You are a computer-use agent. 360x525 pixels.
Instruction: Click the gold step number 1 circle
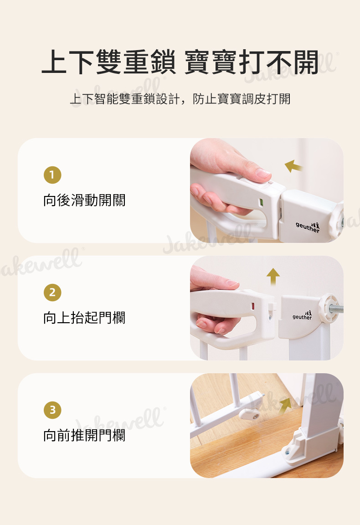click(x=52, y=175)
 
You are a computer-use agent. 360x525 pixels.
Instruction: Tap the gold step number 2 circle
click(x=52, y=292)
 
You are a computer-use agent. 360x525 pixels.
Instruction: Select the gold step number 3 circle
click(x=52, y=410)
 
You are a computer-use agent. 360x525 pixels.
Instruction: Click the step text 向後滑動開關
click(x=84, y=200)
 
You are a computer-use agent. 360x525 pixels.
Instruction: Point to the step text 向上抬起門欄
click(x=84, y=318)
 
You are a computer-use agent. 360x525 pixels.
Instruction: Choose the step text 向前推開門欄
click(x=84, y=435)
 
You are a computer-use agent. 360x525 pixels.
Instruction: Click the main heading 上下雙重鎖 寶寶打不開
click(x=180, y=62)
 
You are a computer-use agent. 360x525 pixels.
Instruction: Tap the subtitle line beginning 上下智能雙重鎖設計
click(x=180, y=99)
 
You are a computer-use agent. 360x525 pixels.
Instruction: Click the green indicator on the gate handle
click(x=261, y=202)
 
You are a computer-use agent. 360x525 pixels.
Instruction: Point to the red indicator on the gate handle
click(x=253, y=306)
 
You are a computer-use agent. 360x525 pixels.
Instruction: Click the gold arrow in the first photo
click(x=293, y=166)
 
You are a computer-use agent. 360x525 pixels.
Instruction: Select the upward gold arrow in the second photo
click(x=273, y=276)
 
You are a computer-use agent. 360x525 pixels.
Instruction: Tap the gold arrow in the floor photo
click(x=285, y=405)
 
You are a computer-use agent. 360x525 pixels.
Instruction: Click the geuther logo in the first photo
click(x=308, y=227)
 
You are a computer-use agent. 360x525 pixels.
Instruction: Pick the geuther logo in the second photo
click(x=302, y=315)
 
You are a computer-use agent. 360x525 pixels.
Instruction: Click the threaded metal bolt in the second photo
click(x=336, y=309)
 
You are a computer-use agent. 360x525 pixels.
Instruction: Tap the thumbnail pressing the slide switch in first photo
click(x=263, y=174)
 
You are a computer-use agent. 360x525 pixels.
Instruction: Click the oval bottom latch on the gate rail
click(x=249, y=415)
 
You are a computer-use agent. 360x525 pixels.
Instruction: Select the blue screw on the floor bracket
click(x=288, y=453)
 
